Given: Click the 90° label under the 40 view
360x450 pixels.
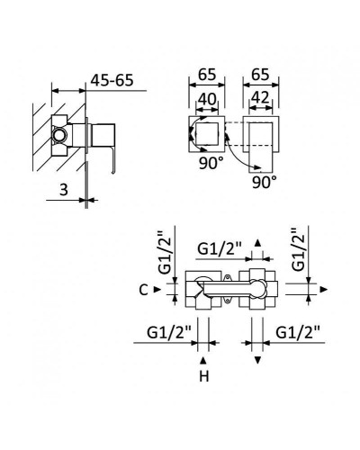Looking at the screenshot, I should pos(211,166).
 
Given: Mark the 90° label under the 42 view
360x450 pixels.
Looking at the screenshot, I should pos(263,180).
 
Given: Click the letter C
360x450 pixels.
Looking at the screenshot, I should pos(144,290).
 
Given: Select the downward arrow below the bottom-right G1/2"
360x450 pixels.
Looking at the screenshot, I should pos(258,360).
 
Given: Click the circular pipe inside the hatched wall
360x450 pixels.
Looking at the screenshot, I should pos(60,135).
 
